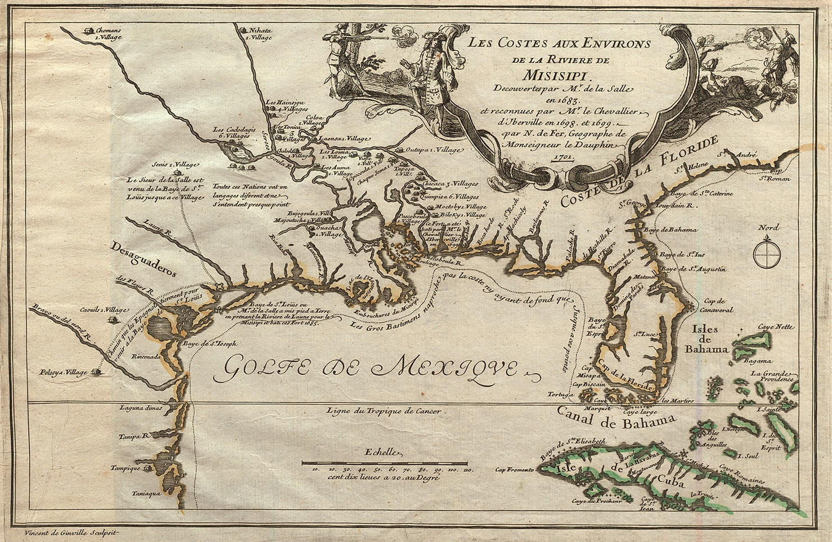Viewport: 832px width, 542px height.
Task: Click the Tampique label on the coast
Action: click(125, 468)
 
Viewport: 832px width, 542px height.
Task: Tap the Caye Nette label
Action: click(777, 326)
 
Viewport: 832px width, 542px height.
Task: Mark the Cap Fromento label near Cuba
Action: click(514, 468)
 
